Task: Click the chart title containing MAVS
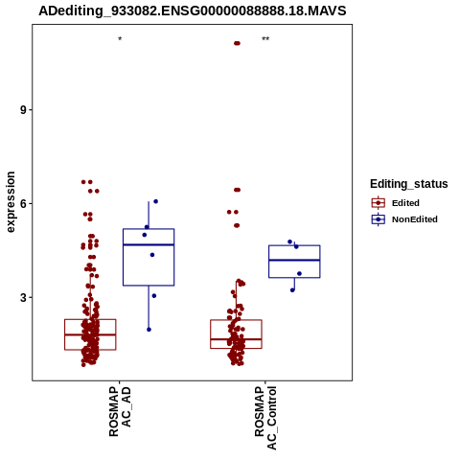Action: [193, 11]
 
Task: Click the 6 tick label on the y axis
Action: [23, 204]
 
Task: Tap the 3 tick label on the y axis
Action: [23, 298]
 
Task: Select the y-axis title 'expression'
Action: [11, 202]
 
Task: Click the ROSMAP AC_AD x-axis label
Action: [120, 412]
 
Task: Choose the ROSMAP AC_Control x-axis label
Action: [265, 418]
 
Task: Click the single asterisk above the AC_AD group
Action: [120, 39]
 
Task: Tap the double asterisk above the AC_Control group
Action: [265, 39]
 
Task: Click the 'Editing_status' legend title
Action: [409, 184]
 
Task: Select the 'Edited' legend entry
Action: [396, 203]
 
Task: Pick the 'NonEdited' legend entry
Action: [404, 219]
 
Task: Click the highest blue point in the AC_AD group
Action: [156, 201]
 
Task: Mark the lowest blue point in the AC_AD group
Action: [149, 330]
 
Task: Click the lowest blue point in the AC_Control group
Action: [292, 290]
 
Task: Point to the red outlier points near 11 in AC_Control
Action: [237, 43]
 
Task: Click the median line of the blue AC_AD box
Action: [149, 244]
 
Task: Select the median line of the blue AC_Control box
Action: [294, 260]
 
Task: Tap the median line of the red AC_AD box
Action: [90, 334]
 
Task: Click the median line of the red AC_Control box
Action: [236, 339]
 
